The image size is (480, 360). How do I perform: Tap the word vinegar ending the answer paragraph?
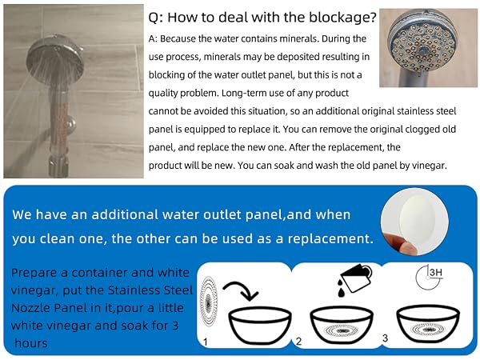(x=429, y=166)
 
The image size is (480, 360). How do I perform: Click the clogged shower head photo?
(x=428, y=48)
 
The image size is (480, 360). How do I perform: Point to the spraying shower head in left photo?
(x=54, y=58)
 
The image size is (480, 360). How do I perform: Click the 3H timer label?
(x=436, y=272)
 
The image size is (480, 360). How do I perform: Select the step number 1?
(x=205, y=342)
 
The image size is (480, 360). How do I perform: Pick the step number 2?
(x=298, y=341)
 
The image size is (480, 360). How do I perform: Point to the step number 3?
(x=385, y=338)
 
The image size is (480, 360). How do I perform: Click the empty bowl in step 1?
(x=260, y=326)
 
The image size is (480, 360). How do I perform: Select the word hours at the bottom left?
(x=31, y=343)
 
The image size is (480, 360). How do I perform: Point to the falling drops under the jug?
(x=342, y=288)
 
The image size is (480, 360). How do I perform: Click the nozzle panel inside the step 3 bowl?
(x=428, y=330)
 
